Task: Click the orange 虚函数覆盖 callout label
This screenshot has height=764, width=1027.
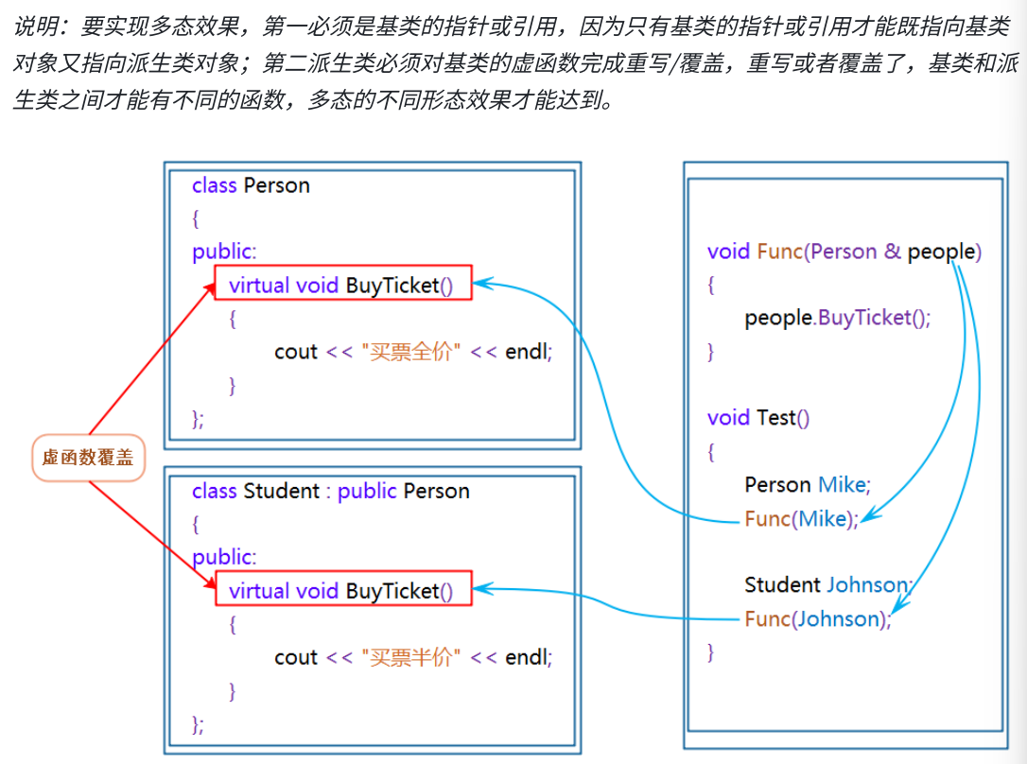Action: pyautogui.click(x=88, y=459)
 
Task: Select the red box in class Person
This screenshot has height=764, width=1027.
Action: pyautogui.click(x=342, y=283)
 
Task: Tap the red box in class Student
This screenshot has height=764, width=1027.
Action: pyautogui.click(x=342, y=589)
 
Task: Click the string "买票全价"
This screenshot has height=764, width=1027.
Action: pyautogui.click(x=411, y=352)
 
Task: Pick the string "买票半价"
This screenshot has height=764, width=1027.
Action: pyautogui.click(x=411, y=657)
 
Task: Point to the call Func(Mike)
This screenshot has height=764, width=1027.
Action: pyautogui.click(x=801, y=518)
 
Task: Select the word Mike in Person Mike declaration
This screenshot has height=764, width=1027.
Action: pyautogui.click(x=842, y=484)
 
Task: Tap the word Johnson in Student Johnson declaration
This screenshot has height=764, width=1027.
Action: pyautogui.click(x=867, y=584)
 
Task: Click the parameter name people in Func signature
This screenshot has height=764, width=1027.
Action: pyautogui.click(x=941, y=252)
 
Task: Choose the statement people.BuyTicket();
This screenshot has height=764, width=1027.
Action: pyautogui.click(x=837, y=318)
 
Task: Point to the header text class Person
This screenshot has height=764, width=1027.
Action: pyautogui.click(x=251, y=185)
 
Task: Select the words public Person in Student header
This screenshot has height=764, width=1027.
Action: pyautogui.click(x=403, y=491)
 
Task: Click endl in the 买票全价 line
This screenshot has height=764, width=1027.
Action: pyautogui.click(x=527, y=352)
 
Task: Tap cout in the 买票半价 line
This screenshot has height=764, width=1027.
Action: pyautogui.click(x=296, y=657)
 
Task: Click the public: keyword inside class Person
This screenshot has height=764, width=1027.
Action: pyautogui.click(x=224, y=252)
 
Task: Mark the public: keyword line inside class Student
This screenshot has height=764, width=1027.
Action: pyautogui.click(x=224, y=557)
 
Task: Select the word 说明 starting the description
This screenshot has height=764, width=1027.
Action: pyautogui.click(x=34, y=26)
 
